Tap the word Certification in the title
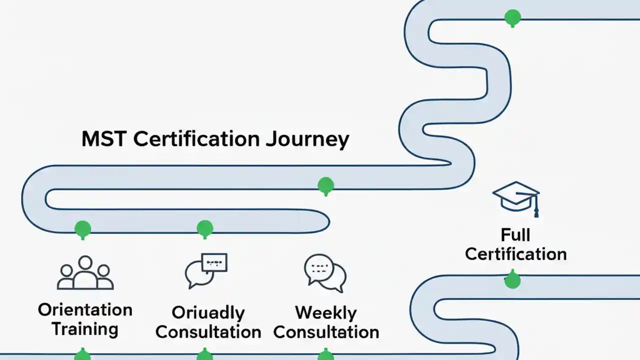[197, 139]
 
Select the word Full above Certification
[515, 235]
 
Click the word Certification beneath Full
[515, 254]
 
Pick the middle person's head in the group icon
[85, 263]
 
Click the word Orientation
[85, 309]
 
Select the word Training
[85, 329]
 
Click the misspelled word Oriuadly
[208, 313]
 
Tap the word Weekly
[326, 313]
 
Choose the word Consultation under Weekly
[326, 332]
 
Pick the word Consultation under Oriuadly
[208, 332]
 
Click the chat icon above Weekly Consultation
[325, 273]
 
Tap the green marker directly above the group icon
[82, 228]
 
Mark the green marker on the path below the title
[325, 185]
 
